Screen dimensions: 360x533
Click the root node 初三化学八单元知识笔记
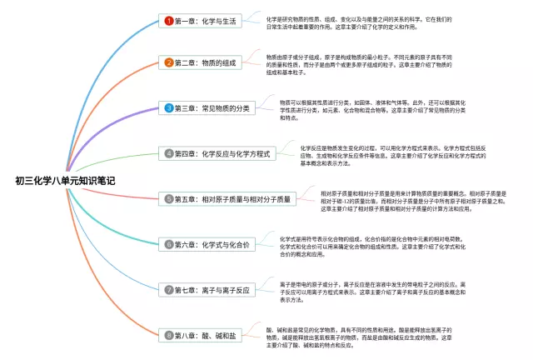65,179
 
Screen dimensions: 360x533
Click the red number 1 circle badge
169,20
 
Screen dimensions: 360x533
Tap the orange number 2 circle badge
169,62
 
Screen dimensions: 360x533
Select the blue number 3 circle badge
169,108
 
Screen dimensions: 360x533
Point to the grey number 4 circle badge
169,154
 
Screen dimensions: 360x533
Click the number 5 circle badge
169,199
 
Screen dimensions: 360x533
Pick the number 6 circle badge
169,245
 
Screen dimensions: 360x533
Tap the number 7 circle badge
169,290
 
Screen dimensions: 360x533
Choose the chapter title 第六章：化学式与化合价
212,245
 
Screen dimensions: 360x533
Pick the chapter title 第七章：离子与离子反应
212,290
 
